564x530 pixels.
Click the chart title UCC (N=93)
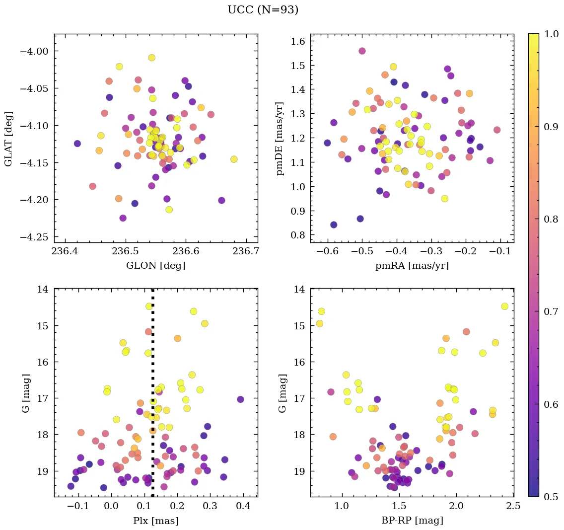pyautogui.click(x=263, y=10)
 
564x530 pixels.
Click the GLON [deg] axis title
pyautogui.click(x=155, y=265)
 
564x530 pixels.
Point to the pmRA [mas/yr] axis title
pyautogui.click(x=412, y=265)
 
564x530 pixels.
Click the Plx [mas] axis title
pyautogui.click(x=155, y=521)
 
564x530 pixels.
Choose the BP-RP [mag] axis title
pyautogui.click(x=412, y=521)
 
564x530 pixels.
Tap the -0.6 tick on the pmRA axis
pyautogui.click(x=327, y=251)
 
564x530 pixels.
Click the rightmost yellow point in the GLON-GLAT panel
pyautogui.click(x=234, y=159)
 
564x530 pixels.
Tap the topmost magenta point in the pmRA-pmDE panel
pyautogui.click(x=362, y=51)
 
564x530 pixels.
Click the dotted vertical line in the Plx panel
pyautogui.click(x=152, y=348)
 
